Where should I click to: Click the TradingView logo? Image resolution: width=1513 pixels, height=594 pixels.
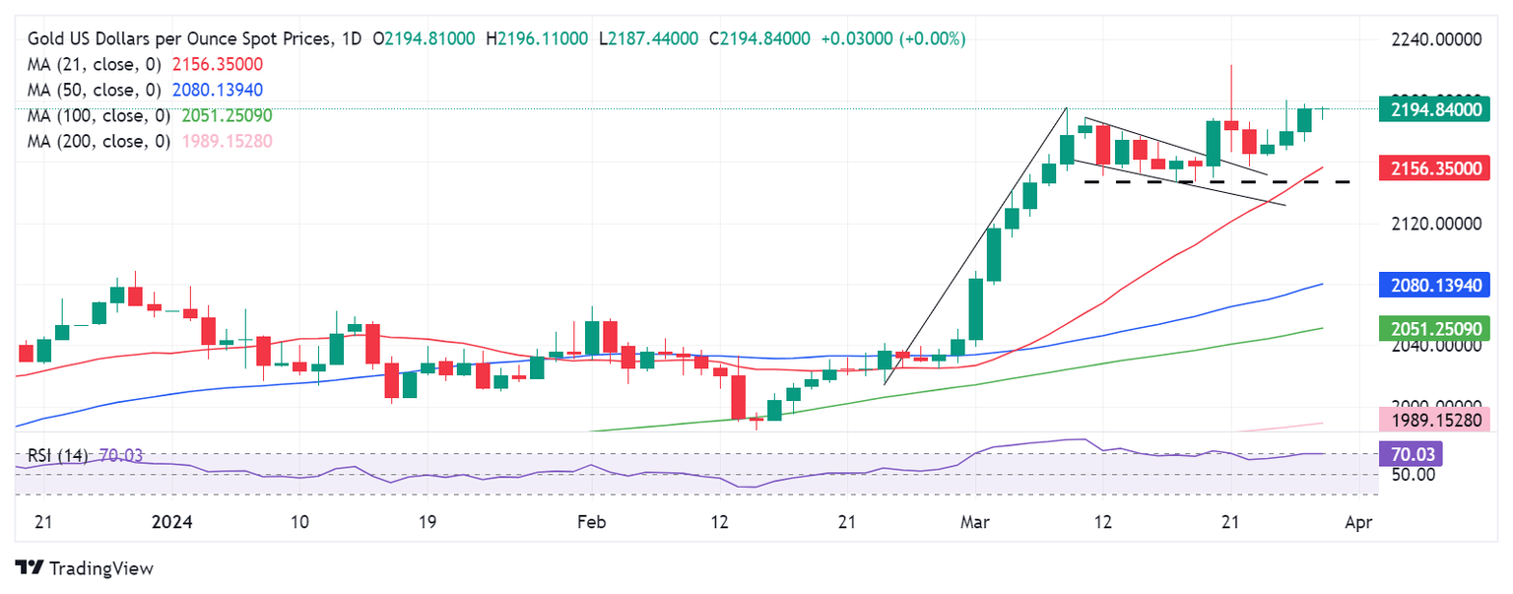(x=84, y=568)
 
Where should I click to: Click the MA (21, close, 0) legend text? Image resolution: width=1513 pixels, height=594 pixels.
(x=96, y=64)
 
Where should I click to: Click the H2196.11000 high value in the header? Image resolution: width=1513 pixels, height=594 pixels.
(x=536, y=38)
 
